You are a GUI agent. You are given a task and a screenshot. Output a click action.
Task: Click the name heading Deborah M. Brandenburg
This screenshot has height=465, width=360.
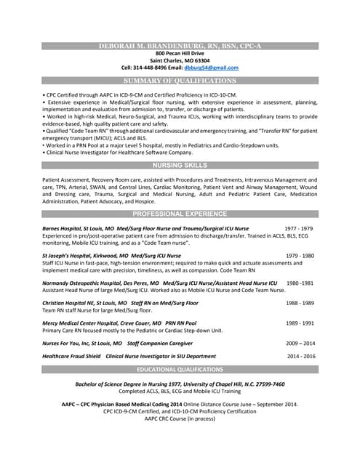point(180,46)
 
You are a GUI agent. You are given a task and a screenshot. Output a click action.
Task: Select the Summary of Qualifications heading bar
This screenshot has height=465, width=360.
point(180,81)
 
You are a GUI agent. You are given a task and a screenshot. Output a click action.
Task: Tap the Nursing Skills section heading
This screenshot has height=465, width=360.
point(180,166)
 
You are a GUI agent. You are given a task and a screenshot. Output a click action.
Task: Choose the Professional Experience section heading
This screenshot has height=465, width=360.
point(180,214)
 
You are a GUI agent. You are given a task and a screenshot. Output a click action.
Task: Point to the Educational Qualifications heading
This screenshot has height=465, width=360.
point(180,370)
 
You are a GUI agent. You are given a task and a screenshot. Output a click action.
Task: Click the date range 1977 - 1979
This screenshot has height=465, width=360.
point(298,228)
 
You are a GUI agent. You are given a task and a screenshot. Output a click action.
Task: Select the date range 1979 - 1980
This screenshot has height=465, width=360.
point(300,256)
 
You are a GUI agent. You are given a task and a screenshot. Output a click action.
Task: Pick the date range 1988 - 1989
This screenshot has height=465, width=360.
point(300,302)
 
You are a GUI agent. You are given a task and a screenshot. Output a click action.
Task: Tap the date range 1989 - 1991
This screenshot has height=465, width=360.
point(300,323)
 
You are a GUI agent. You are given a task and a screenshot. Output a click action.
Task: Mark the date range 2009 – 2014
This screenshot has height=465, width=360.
point(300,343)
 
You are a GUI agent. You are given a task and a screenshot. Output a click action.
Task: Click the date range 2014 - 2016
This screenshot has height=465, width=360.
point(301,356)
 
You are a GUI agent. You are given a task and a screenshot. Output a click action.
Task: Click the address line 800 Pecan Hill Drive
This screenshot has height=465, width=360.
point(180,54)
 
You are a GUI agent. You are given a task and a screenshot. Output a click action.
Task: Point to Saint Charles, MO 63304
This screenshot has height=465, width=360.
point(180,60)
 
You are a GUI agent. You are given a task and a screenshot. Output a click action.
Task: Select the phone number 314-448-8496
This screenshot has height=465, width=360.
point(145,68)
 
